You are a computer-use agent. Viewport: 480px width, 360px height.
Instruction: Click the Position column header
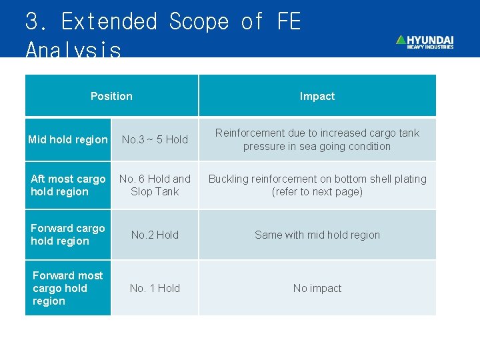pyautogui.click(x=111, y=96)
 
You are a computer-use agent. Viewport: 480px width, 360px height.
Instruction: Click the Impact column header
pyautogui.click(x=317, y=96)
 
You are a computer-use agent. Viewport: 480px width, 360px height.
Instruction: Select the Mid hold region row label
pyautogui.click(x=67, y=139)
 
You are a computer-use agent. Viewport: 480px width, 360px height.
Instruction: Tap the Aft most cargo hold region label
pyautogui.click(x=67, y=185)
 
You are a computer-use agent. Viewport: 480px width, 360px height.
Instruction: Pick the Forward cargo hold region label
pyautogui.click(x=67, y=235)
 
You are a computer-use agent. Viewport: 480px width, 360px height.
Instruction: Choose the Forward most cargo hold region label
pyautogui.click(x=67, y=288)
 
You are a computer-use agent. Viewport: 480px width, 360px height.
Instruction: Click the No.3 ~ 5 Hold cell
pyautogui.click(x=155, y=139)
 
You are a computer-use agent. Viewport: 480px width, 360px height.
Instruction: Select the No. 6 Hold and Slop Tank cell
pyautogui.click(x=155, y=185)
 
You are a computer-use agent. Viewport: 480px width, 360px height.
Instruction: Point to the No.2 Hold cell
pyautogui.click(x=155, y=235)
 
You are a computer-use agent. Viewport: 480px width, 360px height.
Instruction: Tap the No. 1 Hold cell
pyautogui.click(x=155, y=288)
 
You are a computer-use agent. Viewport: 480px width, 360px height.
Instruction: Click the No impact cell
pyautogui.click(x=317, y=288)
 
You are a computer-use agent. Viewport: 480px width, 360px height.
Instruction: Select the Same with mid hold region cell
pyautogui.click(x=317, y=235)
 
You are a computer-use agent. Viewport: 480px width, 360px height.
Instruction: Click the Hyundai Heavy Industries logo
pyautogui.click(x=425, y=41)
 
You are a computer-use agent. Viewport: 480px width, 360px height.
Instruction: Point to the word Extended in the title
pyautogui.click(x=109, y=21)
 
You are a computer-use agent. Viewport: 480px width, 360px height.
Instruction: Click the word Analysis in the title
pyautogui.click(x=73, y=49)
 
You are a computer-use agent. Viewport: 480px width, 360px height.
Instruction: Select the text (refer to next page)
pyautogui.click(x=317, y=192)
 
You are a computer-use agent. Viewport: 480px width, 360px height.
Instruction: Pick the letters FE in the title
pyautogui.click(x=288, y=21)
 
